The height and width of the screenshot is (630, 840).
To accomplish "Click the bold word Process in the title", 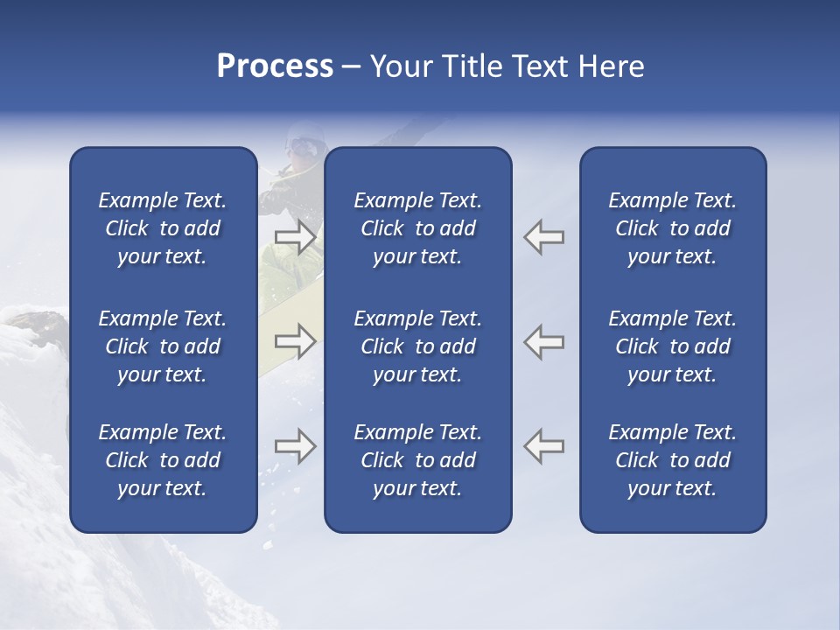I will click(275, 66).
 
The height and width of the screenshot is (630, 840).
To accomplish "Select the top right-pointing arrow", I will click(295, 237).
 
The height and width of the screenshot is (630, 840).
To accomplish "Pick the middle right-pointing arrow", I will click(295, 341).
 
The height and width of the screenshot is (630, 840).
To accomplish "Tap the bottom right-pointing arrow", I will click(295, 446).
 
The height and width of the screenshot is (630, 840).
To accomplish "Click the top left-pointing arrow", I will click(544, 237).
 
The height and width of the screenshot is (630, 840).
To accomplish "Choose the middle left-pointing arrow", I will click(544, 341).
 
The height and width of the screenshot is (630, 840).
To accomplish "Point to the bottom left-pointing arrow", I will click(544, 446).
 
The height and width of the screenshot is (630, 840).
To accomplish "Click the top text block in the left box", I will click(163, 228).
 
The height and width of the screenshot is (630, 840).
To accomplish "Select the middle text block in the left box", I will click(163, 346).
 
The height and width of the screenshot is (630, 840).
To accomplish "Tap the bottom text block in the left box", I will click(163, 460).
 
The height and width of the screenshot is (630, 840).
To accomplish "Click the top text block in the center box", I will click(417, 228).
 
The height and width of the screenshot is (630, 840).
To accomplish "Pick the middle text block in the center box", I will click(417, 346).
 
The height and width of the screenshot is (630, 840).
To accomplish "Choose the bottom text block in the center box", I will click(417, 460).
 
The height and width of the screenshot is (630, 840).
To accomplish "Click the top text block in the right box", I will click(672, 228).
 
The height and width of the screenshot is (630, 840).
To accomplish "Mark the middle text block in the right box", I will click(672, 346).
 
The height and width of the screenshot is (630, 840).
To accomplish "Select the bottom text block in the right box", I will click(672, 460).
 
